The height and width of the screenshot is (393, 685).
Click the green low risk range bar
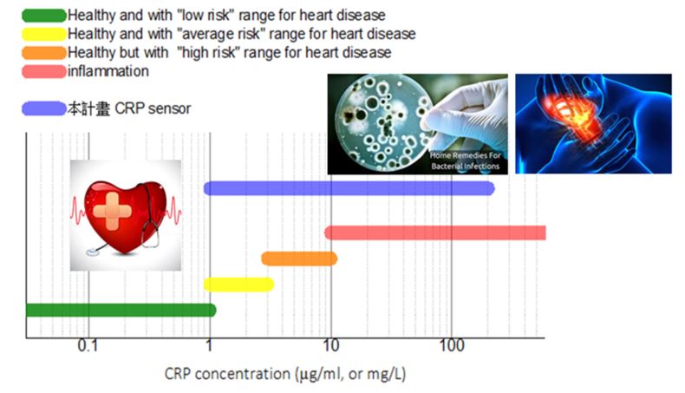121,311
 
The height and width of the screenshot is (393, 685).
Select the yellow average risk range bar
238,285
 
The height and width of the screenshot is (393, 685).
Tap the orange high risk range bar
299,259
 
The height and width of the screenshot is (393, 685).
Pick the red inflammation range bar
435,233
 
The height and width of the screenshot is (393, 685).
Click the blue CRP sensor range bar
349,188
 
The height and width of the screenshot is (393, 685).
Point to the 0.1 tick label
88,346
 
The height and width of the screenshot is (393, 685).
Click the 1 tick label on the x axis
209,346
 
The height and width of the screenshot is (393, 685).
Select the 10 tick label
330,346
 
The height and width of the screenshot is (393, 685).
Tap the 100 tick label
452,346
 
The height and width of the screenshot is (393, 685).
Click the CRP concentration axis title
284,374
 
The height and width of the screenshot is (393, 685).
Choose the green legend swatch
43,16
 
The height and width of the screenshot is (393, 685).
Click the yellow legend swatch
43,34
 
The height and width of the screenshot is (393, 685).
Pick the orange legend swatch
43,53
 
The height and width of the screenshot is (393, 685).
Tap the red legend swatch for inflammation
43,72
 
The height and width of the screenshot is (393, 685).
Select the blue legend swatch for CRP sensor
43,108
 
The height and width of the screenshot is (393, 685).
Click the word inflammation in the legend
108,71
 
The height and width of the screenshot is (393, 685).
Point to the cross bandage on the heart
112,212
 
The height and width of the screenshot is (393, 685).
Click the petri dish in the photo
383,122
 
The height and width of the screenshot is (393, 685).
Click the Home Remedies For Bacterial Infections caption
466,160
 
